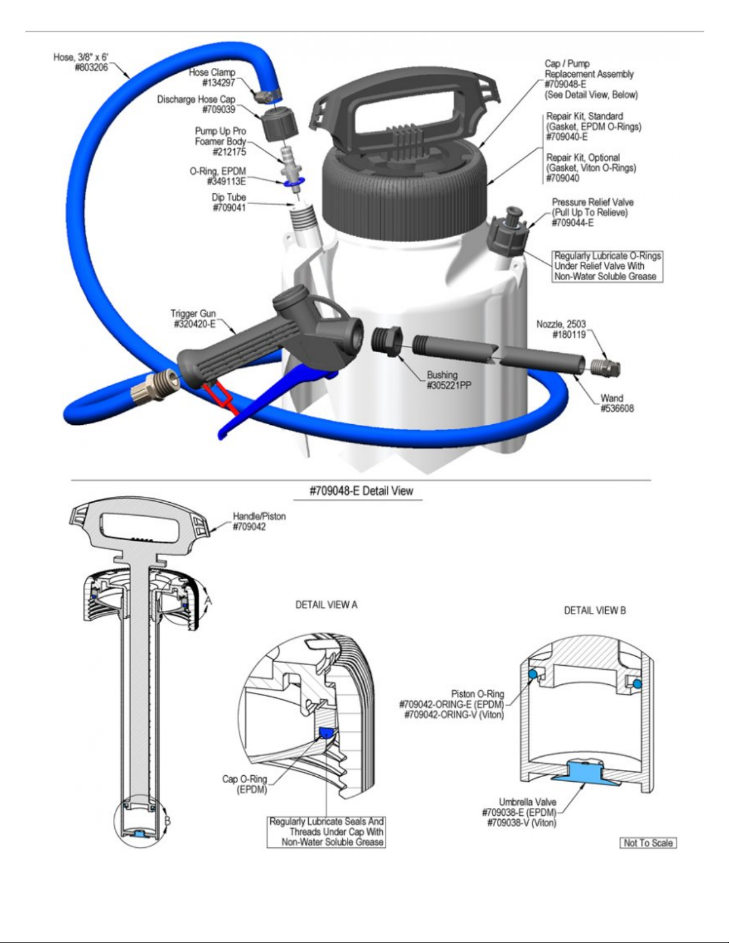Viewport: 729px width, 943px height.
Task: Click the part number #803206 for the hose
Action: (91, 68)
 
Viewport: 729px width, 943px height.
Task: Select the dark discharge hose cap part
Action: (280, 124)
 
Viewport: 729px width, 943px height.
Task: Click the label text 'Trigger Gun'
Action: (193, 314)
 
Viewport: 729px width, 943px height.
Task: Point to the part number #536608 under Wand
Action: (617, 408)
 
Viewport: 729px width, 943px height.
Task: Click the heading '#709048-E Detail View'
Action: (361, 491)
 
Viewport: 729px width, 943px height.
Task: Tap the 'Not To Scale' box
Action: (648, 843)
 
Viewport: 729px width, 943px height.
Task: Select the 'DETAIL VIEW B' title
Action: (595, 610)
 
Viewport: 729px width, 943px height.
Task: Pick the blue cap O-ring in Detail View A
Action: (326, 732)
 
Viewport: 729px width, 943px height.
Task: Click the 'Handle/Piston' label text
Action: (259, 516)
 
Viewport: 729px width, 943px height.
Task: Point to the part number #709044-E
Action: (572, 223)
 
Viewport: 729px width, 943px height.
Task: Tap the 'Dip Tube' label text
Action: (229, 198)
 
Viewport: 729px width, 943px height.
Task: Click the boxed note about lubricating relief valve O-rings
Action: (608, 267)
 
